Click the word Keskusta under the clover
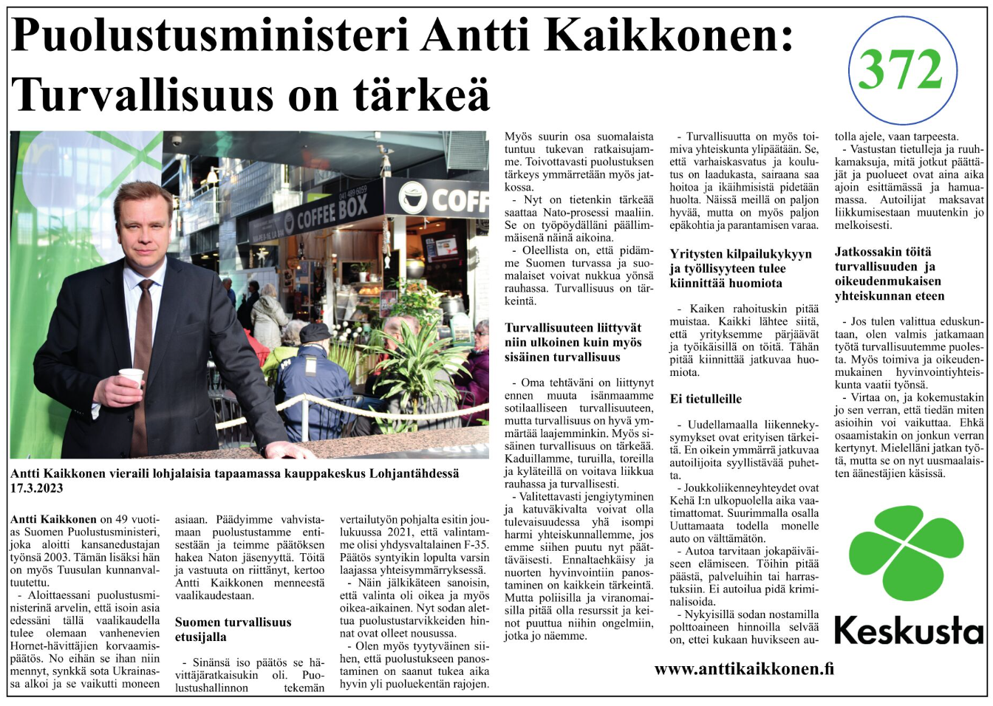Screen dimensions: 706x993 (909, 631)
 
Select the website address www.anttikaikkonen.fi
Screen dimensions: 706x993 (744, 669)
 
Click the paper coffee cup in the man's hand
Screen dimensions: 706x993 (132, 377)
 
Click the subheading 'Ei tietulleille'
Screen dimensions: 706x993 (706, 399)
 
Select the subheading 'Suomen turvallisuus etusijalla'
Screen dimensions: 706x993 (233, 629)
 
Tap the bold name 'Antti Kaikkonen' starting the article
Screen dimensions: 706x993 (53, 519)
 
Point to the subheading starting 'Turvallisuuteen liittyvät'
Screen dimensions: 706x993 (573, 342)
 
